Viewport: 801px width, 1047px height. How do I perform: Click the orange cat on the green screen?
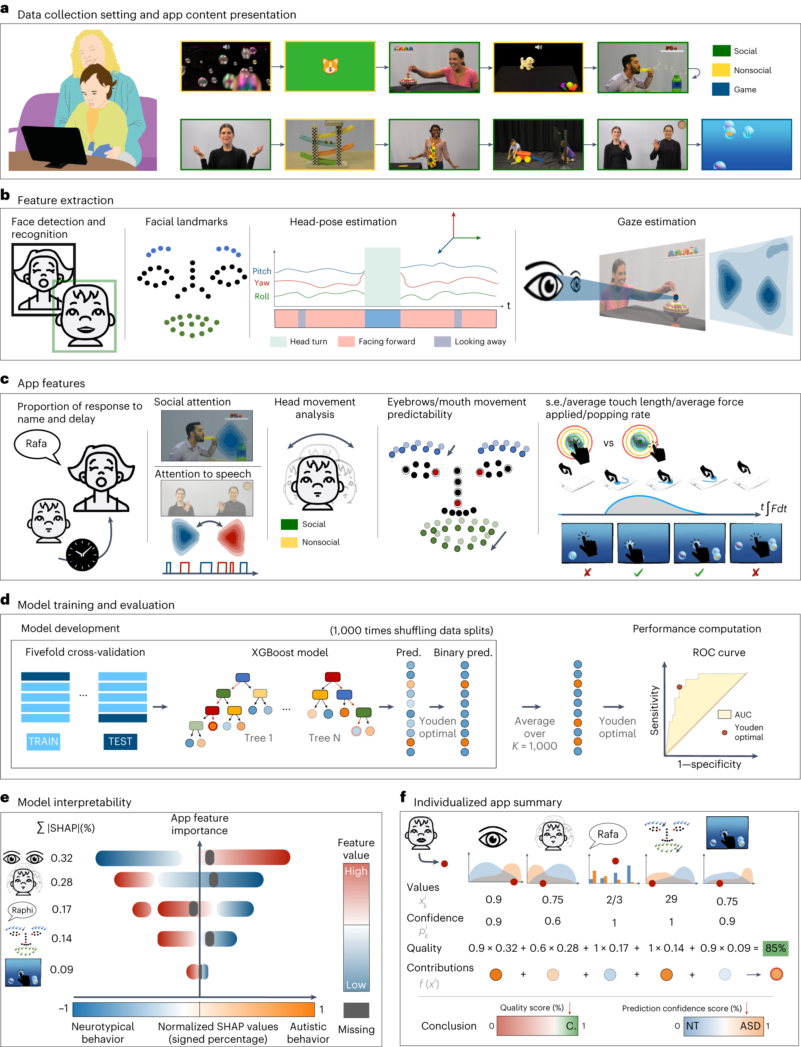(x=330, y=66)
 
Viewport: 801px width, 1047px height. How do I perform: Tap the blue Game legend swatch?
(x=720, y=89)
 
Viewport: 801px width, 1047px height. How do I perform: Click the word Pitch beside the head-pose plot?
(x=262, y=271)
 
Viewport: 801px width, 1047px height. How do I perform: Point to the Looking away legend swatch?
(x=442, y=341)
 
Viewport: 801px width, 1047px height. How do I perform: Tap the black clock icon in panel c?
(x=82, y=554)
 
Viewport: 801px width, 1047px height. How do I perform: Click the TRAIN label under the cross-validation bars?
(x=43, y=741)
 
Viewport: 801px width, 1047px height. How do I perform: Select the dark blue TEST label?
(x=120, y=741)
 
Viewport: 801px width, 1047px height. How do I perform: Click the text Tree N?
(x=324, y=738)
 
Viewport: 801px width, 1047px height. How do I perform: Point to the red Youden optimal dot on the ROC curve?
(x=679, y=687)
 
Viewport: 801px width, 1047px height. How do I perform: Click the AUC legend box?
(x=724, y=714)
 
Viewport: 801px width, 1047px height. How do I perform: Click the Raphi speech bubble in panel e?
(x=22, y=910)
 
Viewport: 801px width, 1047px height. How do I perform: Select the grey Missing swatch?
(x=356, y=1010)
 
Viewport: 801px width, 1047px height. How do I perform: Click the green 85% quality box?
(x=775, y=948)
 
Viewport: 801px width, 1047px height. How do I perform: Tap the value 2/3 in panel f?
(x=614, y=900)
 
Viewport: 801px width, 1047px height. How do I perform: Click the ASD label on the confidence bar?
(x=750, y=1025)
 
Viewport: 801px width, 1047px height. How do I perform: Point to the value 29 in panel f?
(x=671, y=899)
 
